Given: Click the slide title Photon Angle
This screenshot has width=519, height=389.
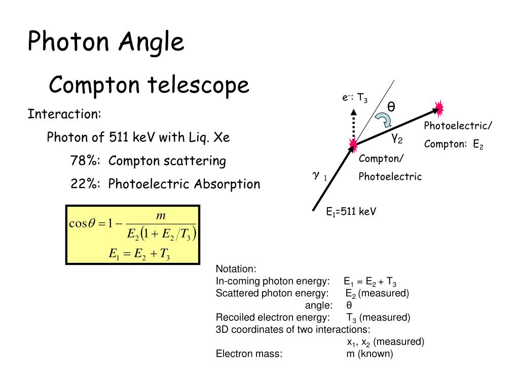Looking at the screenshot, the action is [x=105, y=42].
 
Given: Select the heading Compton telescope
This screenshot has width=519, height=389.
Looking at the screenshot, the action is [x=149, y=85].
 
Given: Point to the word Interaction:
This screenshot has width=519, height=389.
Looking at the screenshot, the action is [x=64, y=114].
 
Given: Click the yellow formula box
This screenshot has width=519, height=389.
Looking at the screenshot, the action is [x=133, y=235].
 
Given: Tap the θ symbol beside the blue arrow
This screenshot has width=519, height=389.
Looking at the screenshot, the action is [x=391, y=107].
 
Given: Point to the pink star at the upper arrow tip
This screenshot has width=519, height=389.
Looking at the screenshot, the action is [x=438, y=108].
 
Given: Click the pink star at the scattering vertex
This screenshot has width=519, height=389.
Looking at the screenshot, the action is [x=353, y=146].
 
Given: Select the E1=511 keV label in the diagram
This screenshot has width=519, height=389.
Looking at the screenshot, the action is [x=351, y=212].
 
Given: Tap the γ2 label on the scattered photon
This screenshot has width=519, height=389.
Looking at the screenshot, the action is [x=396, y=138].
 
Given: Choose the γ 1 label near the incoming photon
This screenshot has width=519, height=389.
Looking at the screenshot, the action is [x=320, y=176].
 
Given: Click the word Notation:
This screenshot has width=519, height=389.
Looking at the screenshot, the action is [x=236, y=269].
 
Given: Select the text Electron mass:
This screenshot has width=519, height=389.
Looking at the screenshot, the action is [x=249, y=354].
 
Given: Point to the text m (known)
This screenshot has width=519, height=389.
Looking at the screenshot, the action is [x=369, y=354].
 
